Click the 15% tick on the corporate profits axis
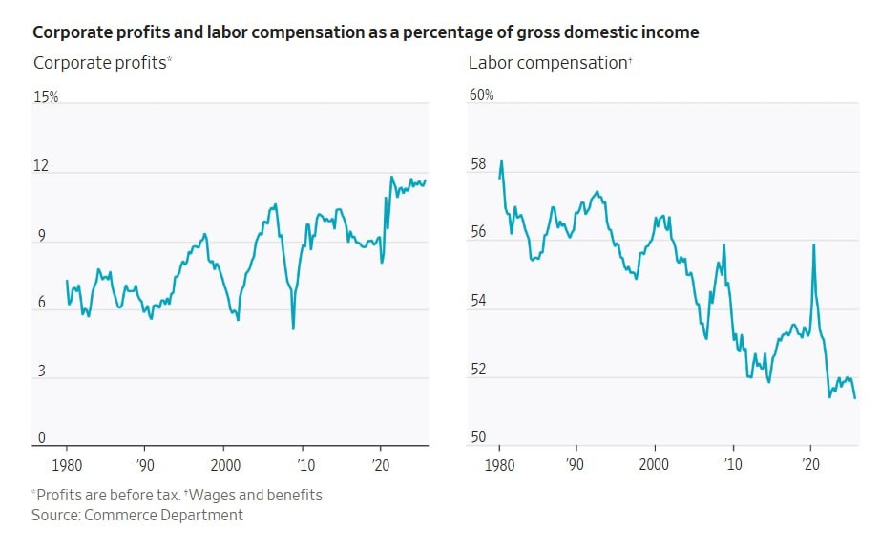coord(47,97)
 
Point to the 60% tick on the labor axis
coord(481,95)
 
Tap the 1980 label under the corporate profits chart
coord(67,464)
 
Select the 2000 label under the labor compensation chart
coord(655,464)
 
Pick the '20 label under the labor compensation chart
coord(811,464)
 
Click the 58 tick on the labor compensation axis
coord(477,165)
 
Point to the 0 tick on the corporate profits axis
coord(41,438)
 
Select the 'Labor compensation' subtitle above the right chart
coord(548,63)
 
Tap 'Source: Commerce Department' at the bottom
coord(137,515)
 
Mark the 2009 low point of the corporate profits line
coord(293,329)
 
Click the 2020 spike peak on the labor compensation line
coord(813,244)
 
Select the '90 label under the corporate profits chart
coord(145,464)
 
